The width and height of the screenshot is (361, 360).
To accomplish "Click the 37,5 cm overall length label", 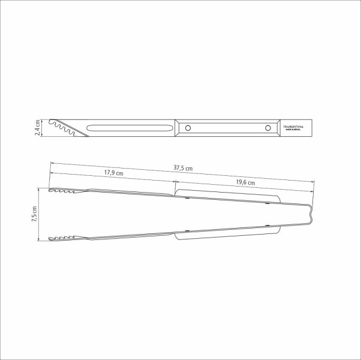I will pos(183,168).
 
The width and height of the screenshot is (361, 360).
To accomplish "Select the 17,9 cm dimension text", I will pos(113,173).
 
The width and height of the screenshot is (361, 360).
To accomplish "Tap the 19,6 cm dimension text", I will pos(245,182).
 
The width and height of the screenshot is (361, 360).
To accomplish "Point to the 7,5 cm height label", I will pos(34,215).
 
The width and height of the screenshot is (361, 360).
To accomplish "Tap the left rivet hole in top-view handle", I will pos(189,128).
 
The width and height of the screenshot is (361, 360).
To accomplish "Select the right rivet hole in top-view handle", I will pos(267,128).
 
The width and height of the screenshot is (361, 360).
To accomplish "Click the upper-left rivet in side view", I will pos(188,198).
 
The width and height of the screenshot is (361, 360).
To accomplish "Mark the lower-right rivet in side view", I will pos(267,226).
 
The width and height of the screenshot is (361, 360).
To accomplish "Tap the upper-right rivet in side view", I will pos(267,203).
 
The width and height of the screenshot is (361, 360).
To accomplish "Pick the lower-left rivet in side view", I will pos(188,231).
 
